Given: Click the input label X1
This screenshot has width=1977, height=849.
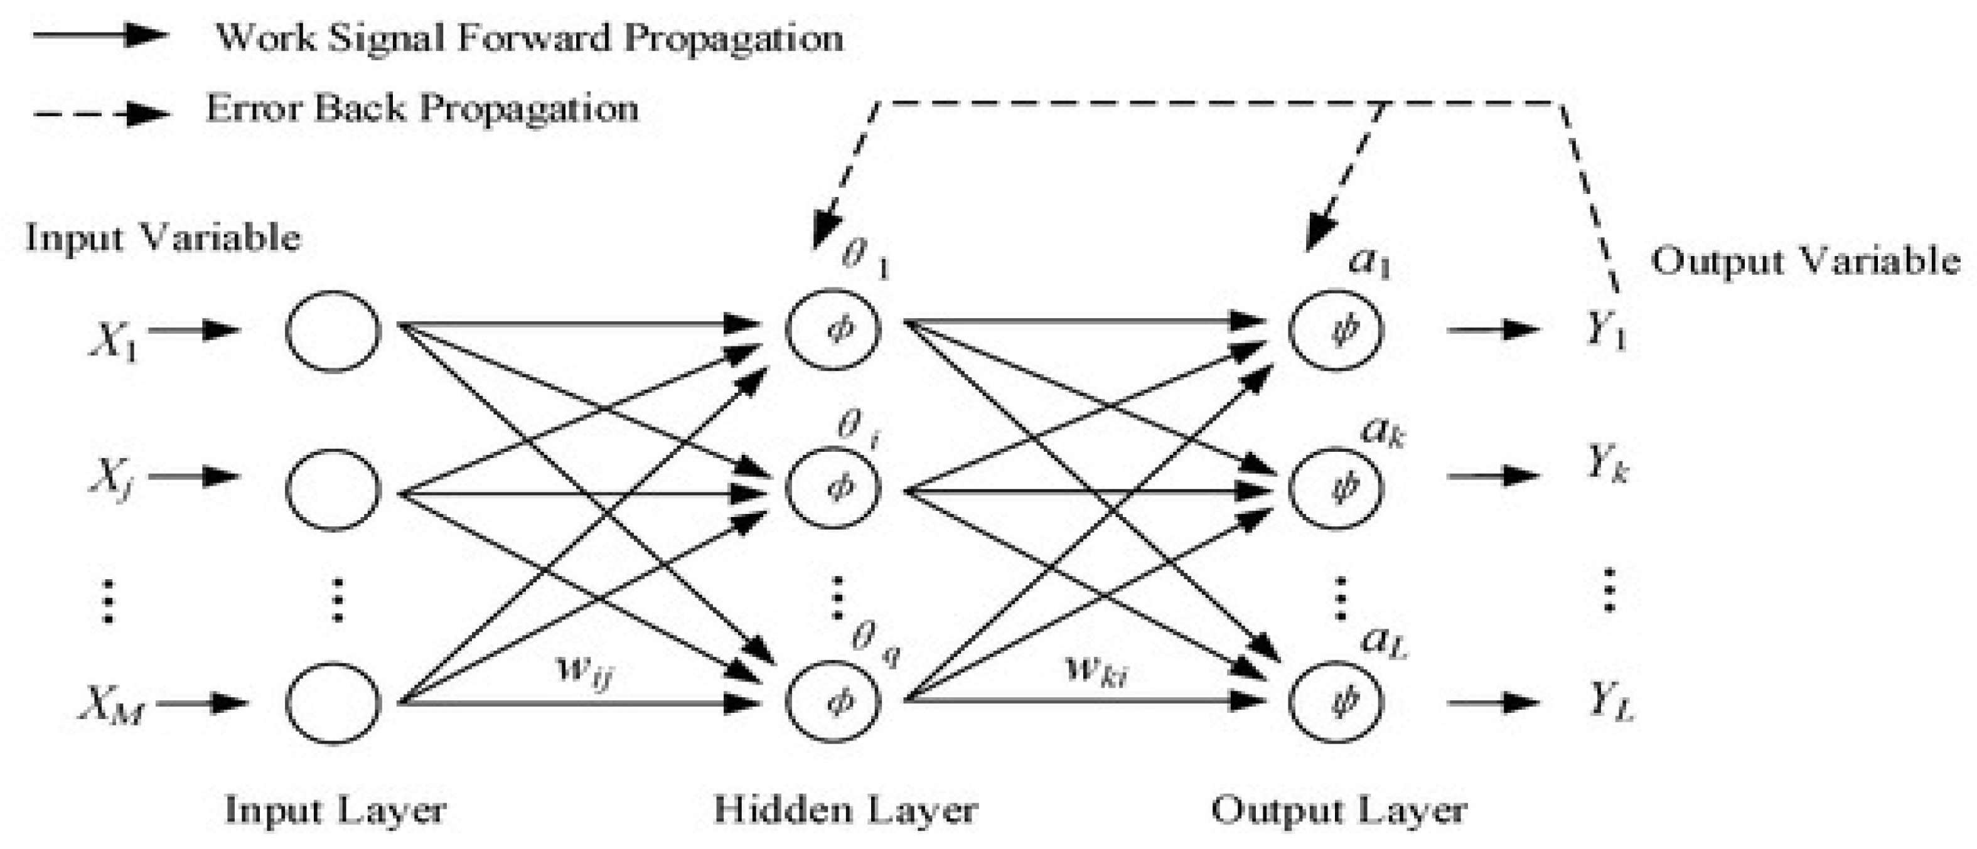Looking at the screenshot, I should click(x=114, y=340).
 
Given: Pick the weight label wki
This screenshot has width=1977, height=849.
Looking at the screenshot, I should click(x=1096, y=670).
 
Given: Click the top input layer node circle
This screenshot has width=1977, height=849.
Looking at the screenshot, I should click(x=333, y=331).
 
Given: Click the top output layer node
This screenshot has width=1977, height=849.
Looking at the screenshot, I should click(x=1336, y=330).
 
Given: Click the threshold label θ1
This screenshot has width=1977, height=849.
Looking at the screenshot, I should click(x=864, y=257).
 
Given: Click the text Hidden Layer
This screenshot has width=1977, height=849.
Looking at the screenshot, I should click(x=845, y=811).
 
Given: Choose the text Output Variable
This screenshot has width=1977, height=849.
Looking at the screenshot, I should click(x=1805, y=262).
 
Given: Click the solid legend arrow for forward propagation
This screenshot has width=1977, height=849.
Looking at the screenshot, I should click(x=100, y=35).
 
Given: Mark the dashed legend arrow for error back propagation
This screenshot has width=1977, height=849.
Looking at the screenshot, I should click(x=100, y=114).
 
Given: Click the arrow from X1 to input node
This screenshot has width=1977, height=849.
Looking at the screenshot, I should click(x=193, y=331).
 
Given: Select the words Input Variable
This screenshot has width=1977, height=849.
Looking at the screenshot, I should click(x=163, y=237).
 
